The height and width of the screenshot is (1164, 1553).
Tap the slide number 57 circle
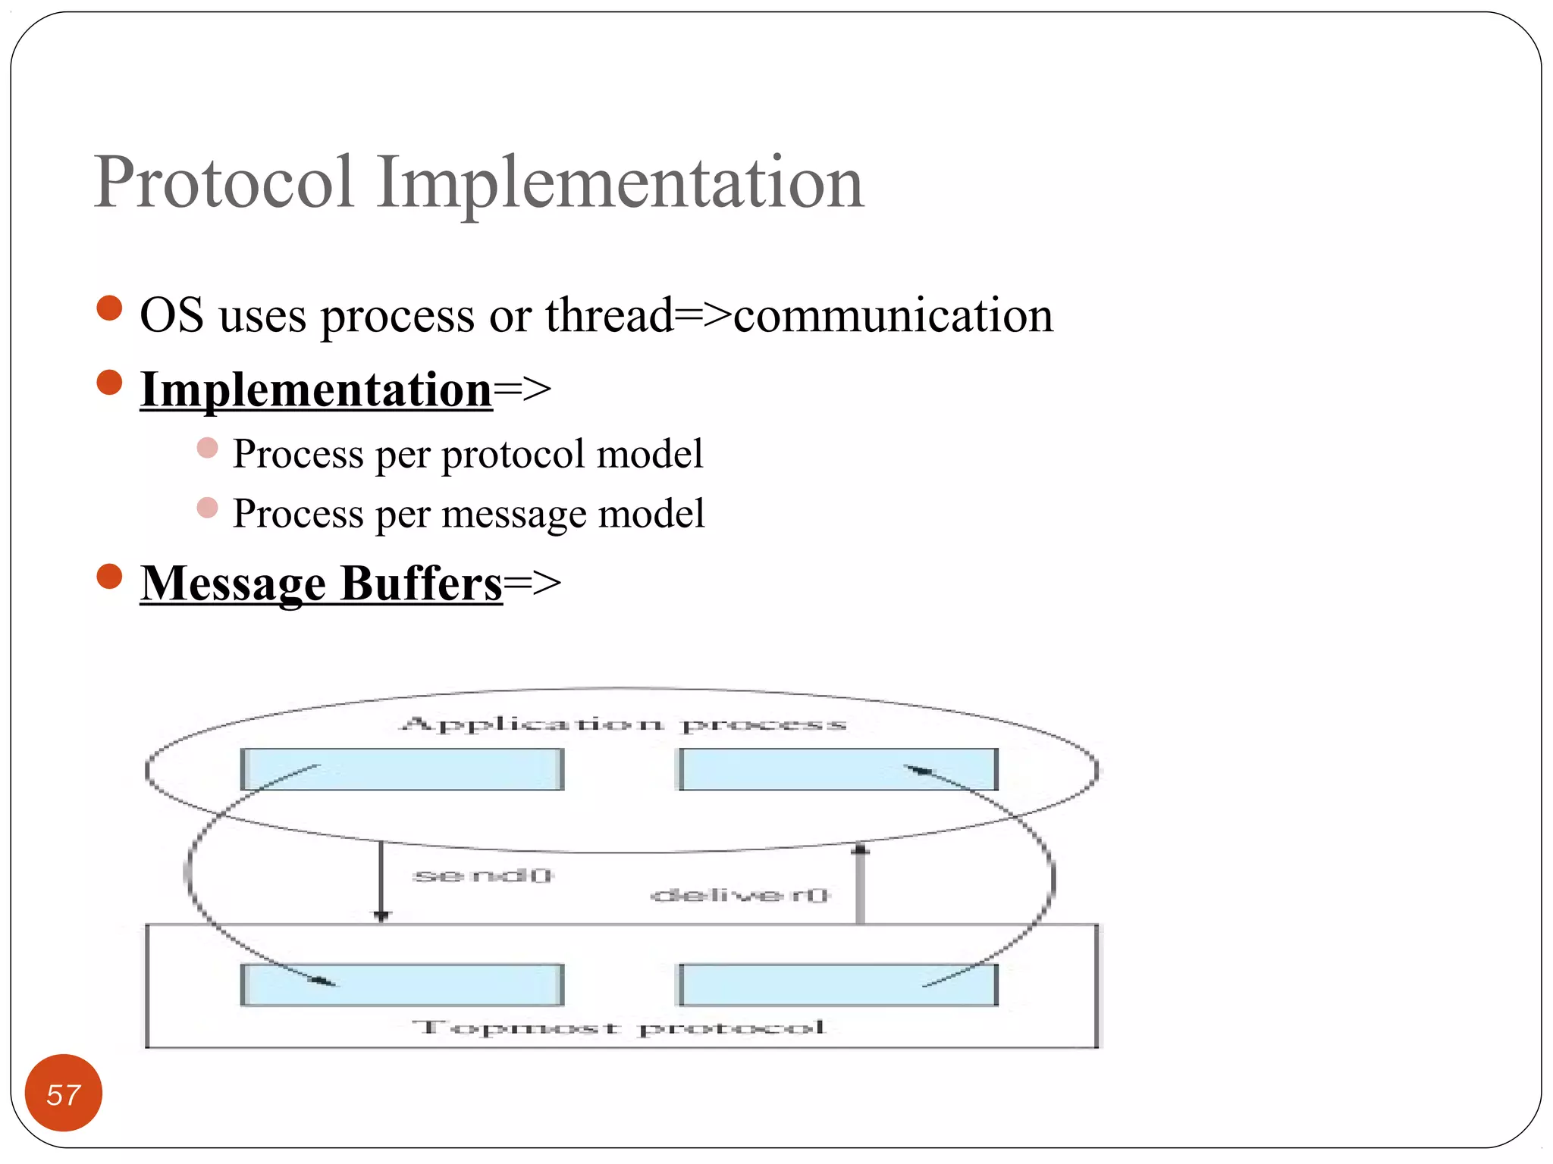[x=64, y=1094]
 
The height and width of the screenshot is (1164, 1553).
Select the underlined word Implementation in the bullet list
[x=316, y=390]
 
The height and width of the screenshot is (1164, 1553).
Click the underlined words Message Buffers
[x=322, y=584]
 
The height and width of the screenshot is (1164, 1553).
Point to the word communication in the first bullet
[x=893, y=315]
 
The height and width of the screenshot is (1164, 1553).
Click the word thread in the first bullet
[x=609, y=315]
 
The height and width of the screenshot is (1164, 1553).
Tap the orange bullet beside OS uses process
[x=110, y=308]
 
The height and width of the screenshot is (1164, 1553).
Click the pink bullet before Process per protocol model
[x=207, y=448]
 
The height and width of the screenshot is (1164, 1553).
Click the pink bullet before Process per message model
[x=207, y=508]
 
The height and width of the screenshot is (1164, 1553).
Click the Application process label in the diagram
[x=623, y=724]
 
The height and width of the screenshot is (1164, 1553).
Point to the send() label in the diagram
[x=483, y=876]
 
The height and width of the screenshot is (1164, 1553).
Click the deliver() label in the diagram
[x=740, y=896]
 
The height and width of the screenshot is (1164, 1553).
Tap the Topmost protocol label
[x=618, y=1028]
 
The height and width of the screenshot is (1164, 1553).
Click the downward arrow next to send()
[x=381, y=883]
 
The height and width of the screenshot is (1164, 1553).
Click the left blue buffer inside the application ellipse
[x=403, y=769]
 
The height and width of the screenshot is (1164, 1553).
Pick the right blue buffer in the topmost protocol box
[x=837, y=985]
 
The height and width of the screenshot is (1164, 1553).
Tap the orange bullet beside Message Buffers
[x=110, y=577]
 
